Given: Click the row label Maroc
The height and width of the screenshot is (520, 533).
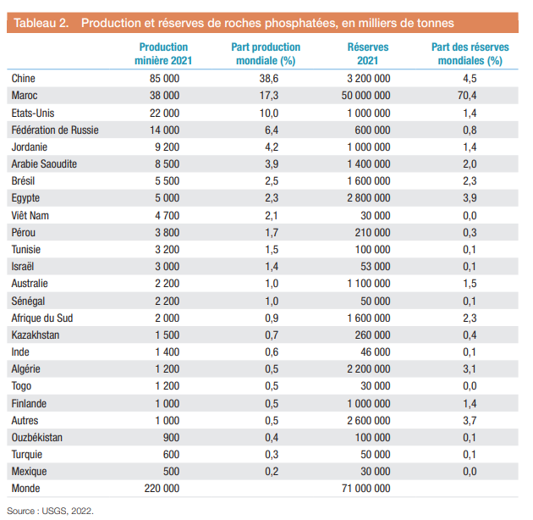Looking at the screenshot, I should (x=25, y=95).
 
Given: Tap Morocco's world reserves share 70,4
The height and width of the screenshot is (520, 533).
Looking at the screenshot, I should (x=469, y=95).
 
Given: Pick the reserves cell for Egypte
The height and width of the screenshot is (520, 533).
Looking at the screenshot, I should (x=366, y=197).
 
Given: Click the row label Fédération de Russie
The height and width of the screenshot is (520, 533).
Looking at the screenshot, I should (x=55, y=130).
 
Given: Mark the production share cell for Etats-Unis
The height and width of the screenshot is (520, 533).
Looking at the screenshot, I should (x=270, y=112).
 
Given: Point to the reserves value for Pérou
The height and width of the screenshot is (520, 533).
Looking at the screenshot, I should (x=372, y=232).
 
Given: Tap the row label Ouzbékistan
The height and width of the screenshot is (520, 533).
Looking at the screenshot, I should (x=37, y=437).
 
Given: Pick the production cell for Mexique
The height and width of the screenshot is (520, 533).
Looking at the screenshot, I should (x=171, y=472).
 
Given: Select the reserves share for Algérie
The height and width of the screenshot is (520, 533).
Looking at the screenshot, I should (x=469, y=368).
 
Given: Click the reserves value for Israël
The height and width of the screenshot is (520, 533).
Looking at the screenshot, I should (x=376, y=266).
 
